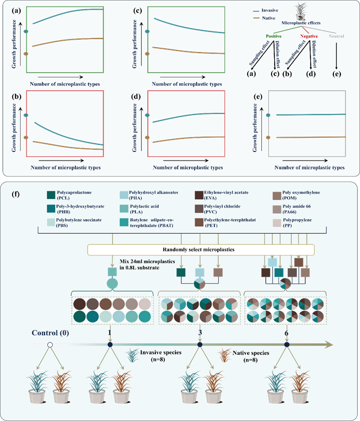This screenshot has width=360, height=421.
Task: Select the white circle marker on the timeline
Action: [50, 345]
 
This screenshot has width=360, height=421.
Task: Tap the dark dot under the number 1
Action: [111, 345]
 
